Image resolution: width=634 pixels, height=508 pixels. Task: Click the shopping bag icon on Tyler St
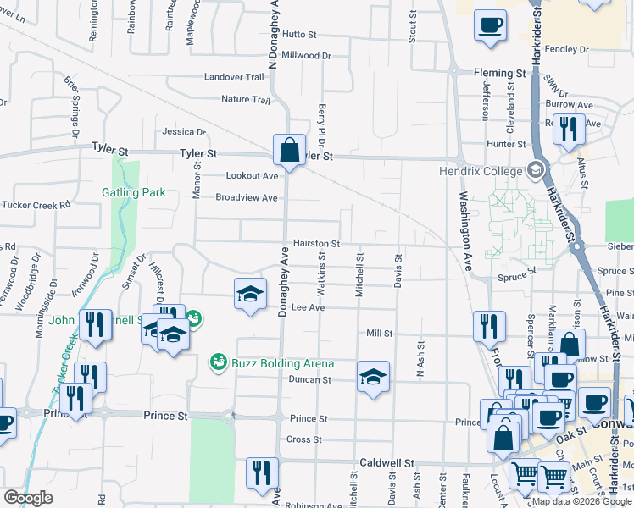click(289, 150)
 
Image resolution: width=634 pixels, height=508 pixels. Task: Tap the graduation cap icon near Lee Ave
click(249, 293)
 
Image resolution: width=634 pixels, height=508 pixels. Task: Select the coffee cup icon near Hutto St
click(490, 25)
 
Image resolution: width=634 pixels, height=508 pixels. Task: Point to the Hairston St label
click(316, 243)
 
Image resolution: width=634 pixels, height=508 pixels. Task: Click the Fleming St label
click(499, 74)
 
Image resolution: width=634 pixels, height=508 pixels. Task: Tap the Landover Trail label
click(234, 77)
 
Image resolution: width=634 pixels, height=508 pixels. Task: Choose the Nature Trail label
click(245, 100)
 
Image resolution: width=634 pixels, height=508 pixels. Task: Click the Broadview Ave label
click(247, 198)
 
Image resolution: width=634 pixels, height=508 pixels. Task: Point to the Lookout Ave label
click(252, 176)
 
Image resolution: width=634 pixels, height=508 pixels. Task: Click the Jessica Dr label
click(184, 132)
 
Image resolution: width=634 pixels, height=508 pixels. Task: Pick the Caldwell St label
click(386, 464)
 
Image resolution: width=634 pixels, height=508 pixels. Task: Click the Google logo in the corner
click(28, 498)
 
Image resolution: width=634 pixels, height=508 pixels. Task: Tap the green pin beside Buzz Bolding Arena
click(218, 362)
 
